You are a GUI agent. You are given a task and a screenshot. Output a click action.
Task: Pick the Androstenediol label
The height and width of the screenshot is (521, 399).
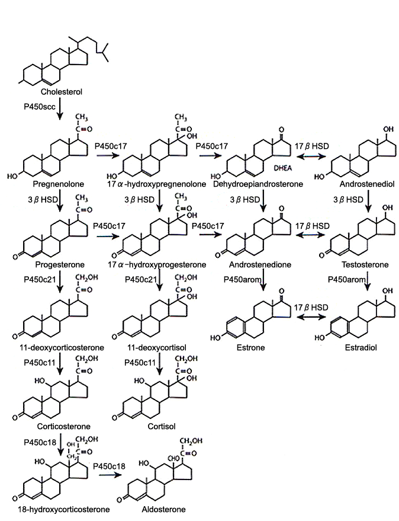[361, 184]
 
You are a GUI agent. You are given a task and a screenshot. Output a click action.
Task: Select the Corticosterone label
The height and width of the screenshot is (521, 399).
[53, 425]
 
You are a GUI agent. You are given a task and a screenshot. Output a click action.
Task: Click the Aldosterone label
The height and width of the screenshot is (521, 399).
[167, 509]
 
